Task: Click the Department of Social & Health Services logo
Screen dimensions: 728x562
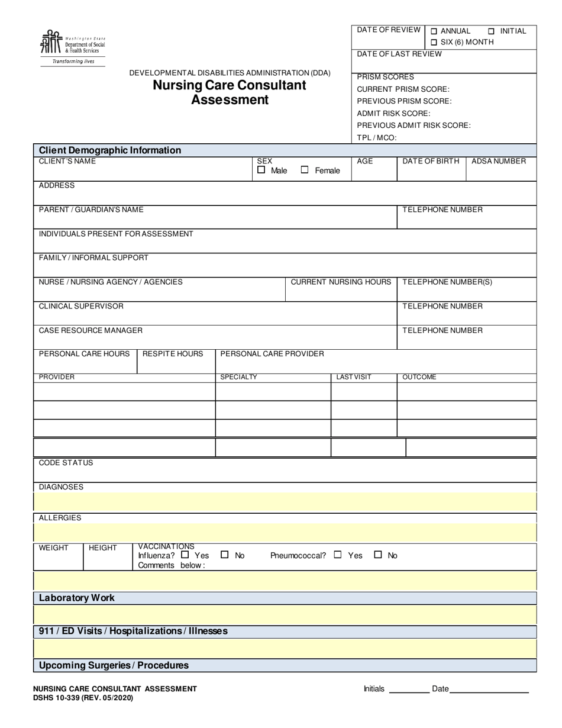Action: (x=72, y=46)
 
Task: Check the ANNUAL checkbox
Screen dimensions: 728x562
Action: (x=434, y=31)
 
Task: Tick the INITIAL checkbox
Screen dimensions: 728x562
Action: (x=492, y=31)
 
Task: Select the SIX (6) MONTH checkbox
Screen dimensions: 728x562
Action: (x=434, y=43)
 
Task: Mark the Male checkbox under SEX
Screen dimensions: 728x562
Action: (x=261, y=170)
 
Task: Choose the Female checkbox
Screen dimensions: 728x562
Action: (x=305, y=170)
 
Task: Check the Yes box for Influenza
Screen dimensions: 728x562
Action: (x=185, y=555)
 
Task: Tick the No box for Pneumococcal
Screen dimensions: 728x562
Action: (x=379, y=555)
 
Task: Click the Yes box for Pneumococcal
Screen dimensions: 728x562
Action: (x=338, y=555)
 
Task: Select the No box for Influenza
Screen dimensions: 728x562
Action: (x=224, y=555)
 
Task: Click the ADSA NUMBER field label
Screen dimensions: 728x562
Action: (x=498, y=161)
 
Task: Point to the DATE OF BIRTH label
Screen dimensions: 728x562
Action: (x=431, y=161)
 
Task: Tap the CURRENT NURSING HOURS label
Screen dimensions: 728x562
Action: (x=341, y=282)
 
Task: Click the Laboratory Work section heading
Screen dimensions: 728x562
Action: (x=77, y=598)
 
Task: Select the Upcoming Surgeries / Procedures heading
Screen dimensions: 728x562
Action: (x=114, y=665)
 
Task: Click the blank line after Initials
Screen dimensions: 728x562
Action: (x=409, y=689)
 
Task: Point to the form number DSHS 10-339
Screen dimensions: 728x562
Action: (x=83, y=698)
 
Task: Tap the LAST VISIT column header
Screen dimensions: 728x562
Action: (x=354, y=377)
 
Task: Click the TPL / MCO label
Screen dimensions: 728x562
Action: (x=377, y=138)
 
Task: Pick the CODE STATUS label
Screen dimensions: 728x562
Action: (x=66, y=463)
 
